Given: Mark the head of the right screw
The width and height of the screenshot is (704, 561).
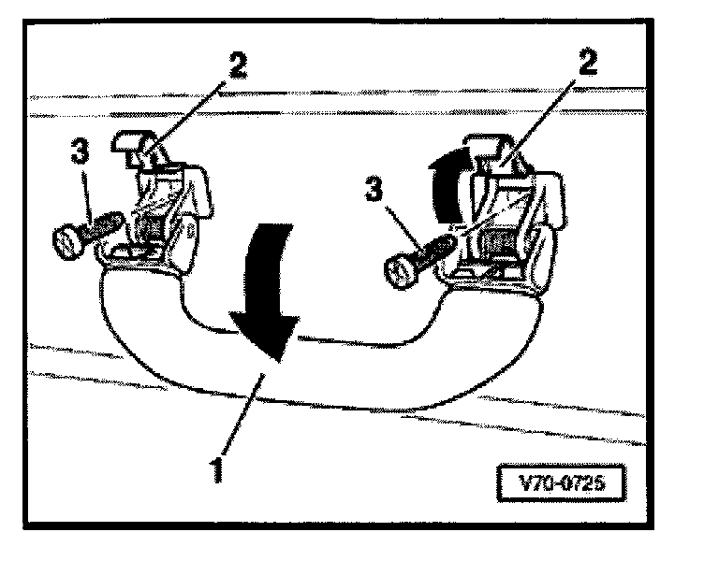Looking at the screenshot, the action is [x=399, y=271].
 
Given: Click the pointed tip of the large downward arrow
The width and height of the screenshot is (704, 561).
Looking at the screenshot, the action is [x=278, y=357].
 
